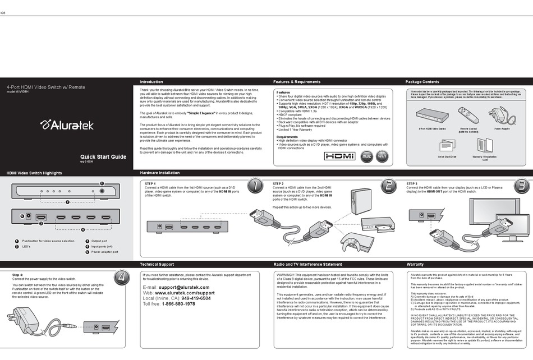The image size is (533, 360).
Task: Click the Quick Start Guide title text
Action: pyautogui.click(x=103, y=156)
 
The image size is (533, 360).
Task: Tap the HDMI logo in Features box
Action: pyautogui.click(x=340, y=156)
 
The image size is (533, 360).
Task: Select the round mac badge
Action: pyautogui.click(x=366, y=156)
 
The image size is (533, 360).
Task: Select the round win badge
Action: pyautogui.click(x=382, y=156)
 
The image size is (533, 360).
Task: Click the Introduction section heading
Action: pyautogui.click(x=151, y=82)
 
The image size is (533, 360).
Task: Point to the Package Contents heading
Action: pyautogui.click(x=422, y=82)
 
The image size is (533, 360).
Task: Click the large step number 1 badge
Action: pyautogui.click(x=255, y=186)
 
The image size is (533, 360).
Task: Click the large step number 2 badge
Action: pyautogui.click(x=388, y=186)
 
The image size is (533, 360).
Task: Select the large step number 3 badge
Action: pyautogui.click(x=521, y=186)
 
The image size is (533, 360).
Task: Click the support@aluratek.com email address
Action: pyautogui.click(x=184, y=287)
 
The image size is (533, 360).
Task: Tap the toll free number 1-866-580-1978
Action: pyautogui.click(x=178, y=304)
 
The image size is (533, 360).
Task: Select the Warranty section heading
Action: pyautogui.click(x=415, y=264)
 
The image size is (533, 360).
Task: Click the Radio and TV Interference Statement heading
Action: pyautogui.click(x=307, y=264)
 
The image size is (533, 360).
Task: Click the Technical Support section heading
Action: pyautogui.click(x=157, y=264)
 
